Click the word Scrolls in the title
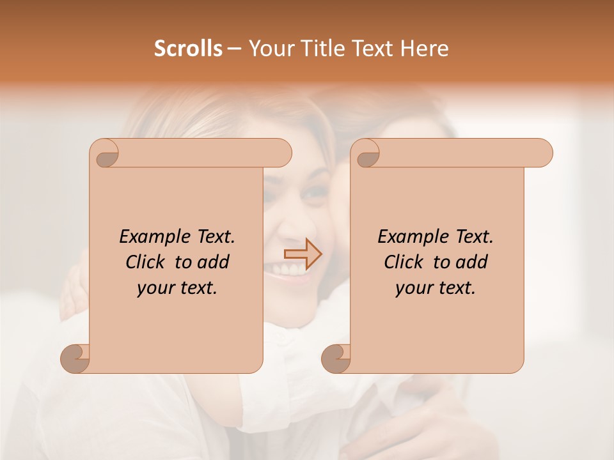(x=188, y=49)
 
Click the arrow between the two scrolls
(x=303, y=254)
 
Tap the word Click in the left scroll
(x=145, y=262)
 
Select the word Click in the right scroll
(x=404, y=262)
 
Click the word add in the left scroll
(x=214, y=262)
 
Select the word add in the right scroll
(x=472, y=262)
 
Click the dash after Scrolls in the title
(x=234, y=49)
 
